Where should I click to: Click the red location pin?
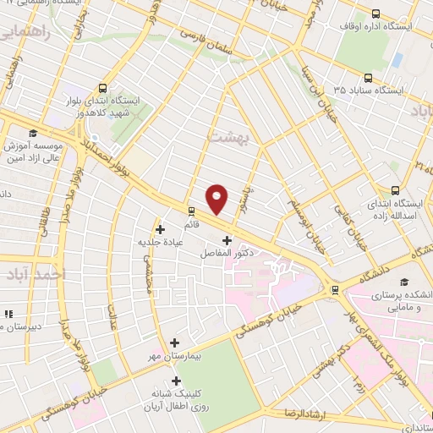217,199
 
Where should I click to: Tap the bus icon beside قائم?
191,211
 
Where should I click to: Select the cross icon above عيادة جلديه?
160,228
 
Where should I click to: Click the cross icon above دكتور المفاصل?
226,240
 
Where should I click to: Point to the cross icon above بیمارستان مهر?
174,343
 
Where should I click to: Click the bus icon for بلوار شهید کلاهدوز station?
102,87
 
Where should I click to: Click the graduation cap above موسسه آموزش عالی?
33,133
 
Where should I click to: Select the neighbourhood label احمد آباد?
45,276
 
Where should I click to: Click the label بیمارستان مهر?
175,358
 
